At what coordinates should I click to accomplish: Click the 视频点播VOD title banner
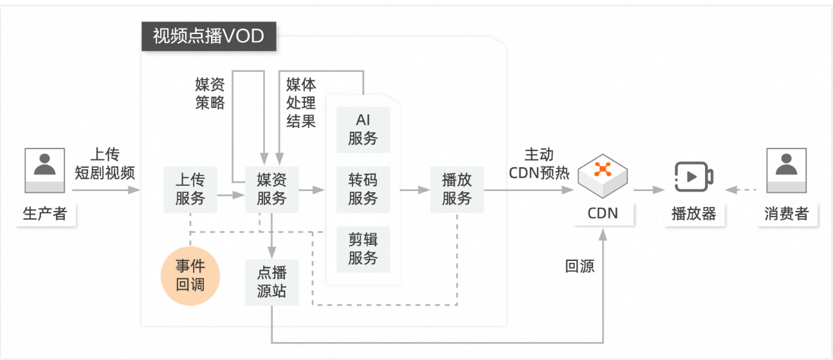click(208, 36)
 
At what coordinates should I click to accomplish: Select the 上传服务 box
click(190, 189)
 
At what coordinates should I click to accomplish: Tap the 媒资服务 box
click(271, 189)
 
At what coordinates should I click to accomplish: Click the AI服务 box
click(363, 129)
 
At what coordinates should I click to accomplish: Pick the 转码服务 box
click(363, 189)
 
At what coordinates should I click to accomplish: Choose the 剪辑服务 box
click(363, 249)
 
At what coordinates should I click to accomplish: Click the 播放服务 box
click(457, 189)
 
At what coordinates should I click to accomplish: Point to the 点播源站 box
click(271, 282)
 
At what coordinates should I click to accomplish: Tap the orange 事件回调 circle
click(190, 276)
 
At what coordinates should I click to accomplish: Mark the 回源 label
click(580, 266)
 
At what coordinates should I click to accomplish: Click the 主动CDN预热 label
click(539, 164)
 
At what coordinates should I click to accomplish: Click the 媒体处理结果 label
click(301, 103)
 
